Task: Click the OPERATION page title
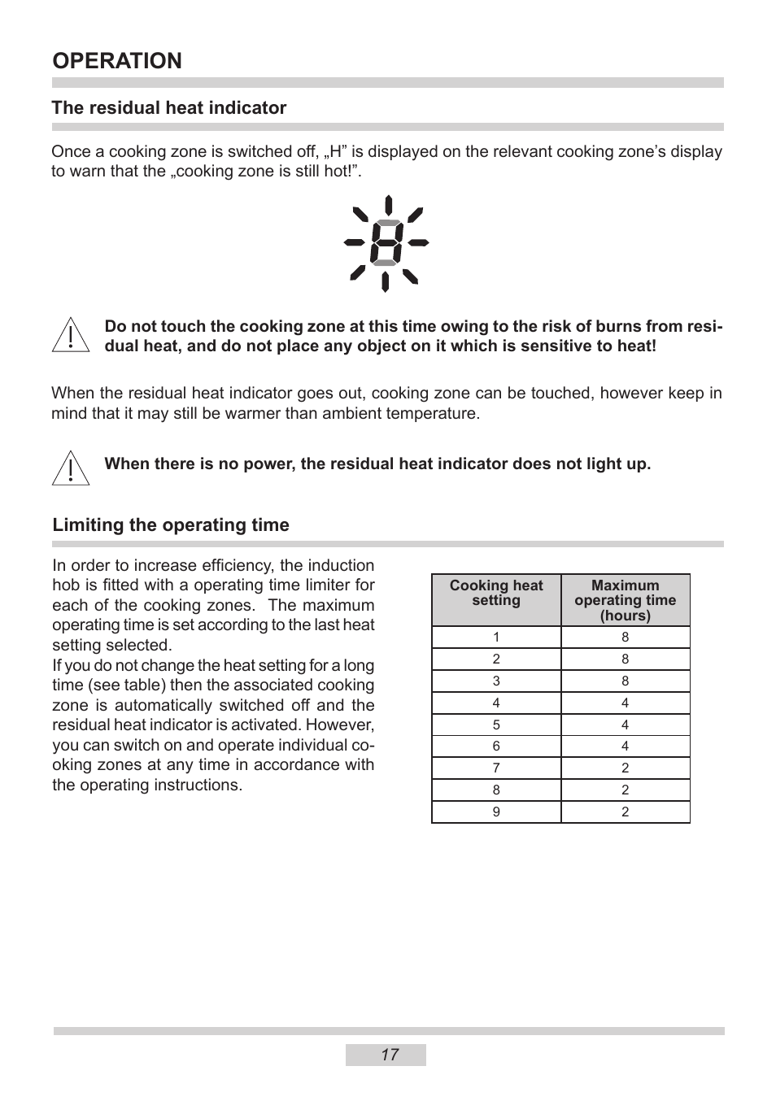(x=117, y=61)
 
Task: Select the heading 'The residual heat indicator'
(x=169, y=108)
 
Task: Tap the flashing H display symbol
(x=386, y=243)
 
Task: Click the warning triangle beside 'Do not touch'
(x=71, y=335)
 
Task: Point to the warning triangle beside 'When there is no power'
(x=71, y=468)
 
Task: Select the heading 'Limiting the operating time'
(x=171, y=525)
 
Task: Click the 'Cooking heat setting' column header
(x=496, y=593)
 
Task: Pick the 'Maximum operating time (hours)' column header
(x=625, y=600)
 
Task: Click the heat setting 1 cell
(x=496, y=638)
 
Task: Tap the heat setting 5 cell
(x=496, y=725)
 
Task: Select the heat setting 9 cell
(x=496, y=812)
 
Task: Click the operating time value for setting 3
(x=625, y=681)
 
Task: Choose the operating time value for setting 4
(x=625, y=703)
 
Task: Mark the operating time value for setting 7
(x=625, y=768)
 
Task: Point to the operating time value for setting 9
(x=625, y=812)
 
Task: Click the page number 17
(x=390, y=1055)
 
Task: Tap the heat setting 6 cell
(x=496, y=746)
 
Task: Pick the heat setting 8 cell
(x=496, y=790)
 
